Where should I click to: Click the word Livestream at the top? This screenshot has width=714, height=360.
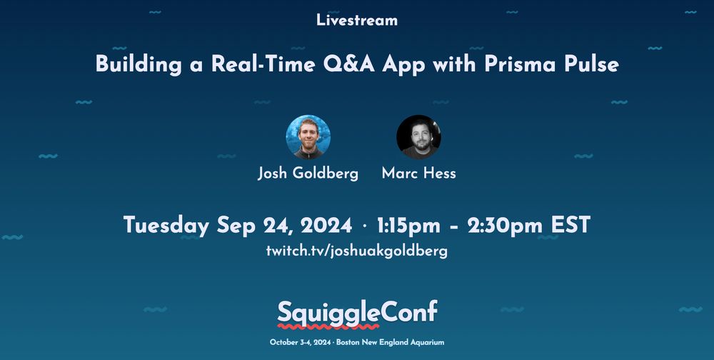357,20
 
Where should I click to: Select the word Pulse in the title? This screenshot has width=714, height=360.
591,64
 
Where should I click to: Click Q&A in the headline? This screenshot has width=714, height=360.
349,64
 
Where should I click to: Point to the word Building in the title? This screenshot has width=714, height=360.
139,65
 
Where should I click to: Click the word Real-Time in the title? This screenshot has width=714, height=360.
263,64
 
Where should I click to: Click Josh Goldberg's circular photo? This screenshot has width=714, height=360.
308,136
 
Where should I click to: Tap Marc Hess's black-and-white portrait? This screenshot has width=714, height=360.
418,136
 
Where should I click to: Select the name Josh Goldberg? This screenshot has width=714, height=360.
308,174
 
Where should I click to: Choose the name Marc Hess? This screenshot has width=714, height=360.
418,173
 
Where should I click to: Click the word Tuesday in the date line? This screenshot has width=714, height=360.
166,226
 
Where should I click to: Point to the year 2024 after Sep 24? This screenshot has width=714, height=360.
326,225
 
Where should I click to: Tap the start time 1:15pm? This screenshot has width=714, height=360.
408,226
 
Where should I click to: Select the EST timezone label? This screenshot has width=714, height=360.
571,225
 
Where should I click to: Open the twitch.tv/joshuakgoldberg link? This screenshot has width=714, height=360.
357,251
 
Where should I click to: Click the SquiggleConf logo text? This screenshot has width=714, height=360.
358,313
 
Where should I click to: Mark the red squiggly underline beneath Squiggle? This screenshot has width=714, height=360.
328,326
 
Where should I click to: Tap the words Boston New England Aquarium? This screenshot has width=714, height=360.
391,342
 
